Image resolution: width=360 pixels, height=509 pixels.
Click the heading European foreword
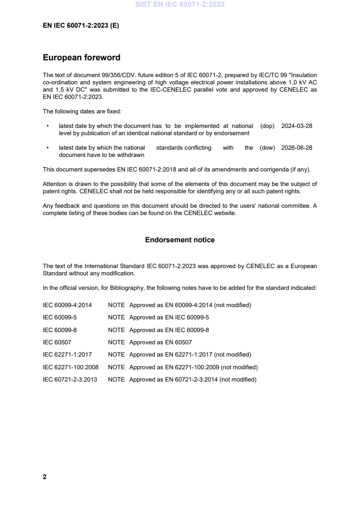point(81,58)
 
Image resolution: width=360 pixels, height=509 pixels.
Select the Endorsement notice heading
point(180,240)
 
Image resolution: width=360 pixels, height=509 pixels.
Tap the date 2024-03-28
point(296,126)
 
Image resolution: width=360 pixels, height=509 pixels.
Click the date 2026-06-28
point(296,147)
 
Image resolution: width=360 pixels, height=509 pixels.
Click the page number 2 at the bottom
point(44,477)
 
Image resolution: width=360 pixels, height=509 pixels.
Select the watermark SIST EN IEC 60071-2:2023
point(180,5)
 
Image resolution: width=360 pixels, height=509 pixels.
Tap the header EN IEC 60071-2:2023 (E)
point(81,26)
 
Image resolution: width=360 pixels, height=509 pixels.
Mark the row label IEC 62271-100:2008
point(70,367)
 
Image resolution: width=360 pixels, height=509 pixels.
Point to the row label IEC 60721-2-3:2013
point(69,379)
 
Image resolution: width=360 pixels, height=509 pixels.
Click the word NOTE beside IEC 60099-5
point(116,318)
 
